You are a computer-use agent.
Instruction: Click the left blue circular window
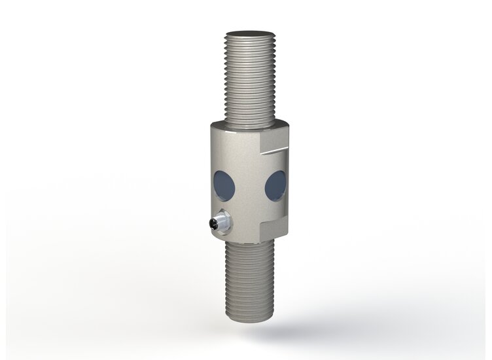tap(224, 185)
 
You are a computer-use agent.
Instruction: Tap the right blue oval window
tap(275, 185)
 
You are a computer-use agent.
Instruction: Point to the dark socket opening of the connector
tap(219, 223)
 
